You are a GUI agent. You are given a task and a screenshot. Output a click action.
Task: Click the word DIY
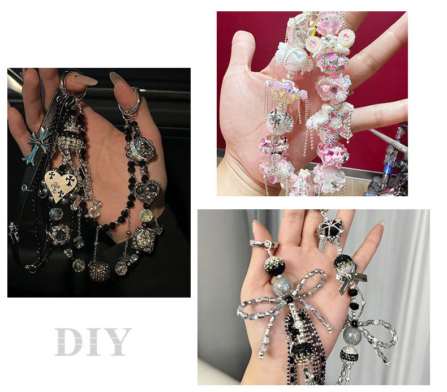tap(93, 342)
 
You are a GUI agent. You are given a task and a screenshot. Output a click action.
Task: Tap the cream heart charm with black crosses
tap(60, 183)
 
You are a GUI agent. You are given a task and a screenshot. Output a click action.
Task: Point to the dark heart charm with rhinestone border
tap(147, 191)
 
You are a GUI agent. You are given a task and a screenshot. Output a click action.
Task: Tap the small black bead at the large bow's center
tap(289, 300)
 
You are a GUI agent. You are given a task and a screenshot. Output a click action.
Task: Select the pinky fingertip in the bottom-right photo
tap(380, 225)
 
